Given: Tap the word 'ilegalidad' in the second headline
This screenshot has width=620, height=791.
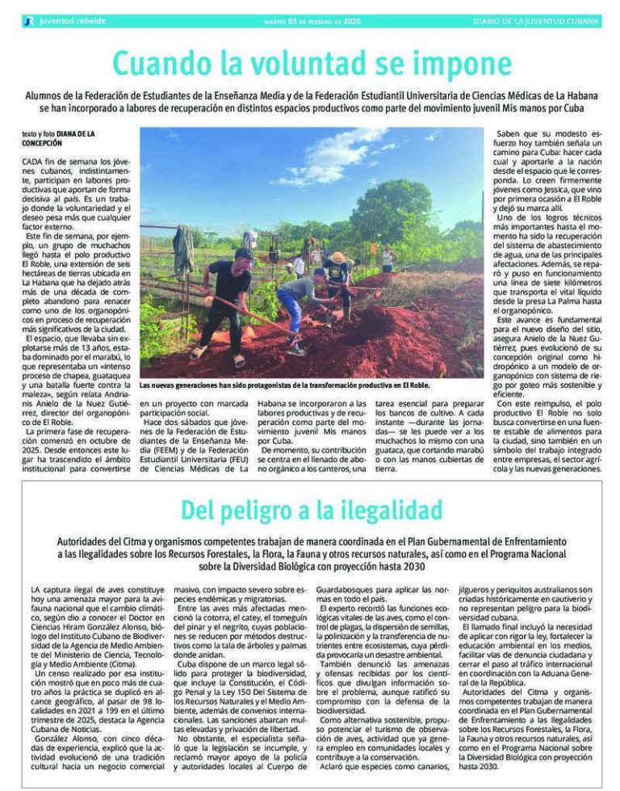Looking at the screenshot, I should click(391, 510).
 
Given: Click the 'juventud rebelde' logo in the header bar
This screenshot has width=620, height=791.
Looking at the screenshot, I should click(65, 20).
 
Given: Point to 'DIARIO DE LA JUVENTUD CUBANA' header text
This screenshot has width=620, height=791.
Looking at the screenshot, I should click(536, 21).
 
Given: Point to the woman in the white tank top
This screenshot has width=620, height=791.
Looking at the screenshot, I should click(387, 258).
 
